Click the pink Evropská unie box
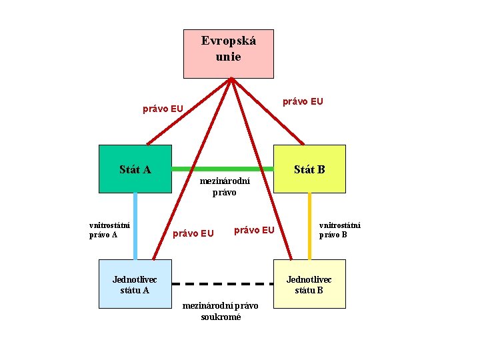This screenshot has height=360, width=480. pos(229,53)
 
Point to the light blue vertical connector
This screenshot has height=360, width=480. pos(135,225)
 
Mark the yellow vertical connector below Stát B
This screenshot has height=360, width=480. pos(309,225)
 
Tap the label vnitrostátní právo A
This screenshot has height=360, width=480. pos(109,230)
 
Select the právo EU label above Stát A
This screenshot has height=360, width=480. pos(163,109)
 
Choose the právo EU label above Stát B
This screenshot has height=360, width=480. pos(303,101)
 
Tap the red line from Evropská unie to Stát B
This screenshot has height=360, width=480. pos(267,111)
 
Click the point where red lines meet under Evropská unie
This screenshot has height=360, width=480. pos(231,79)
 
